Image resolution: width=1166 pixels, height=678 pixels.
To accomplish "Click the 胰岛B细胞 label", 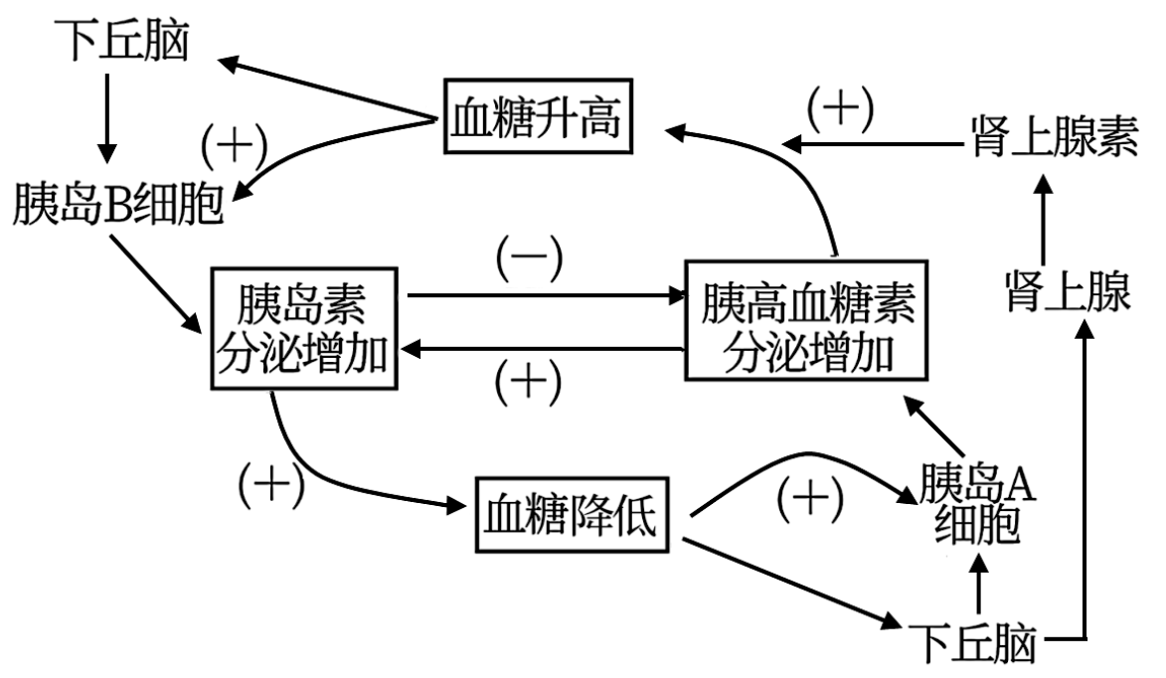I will click(x=117, y=205).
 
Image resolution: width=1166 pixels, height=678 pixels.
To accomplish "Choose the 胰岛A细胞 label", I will click(x=978, y=505).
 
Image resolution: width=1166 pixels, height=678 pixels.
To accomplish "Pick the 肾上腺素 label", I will click(x=1053, y=138).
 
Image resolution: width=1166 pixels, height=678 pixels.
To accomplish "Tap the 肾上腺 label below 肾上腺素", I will click(x=1067, y=293).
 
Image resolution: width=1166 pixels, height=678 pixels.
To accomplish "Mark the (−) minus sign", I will click(x=530, y=260).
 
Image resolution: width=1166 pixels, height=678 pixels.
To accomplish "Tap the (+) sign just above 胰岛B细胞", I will click(x=235, y=148).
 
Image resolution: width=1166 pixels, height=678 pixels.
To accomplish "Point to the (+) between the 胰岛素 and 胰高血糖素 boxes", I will click(x=528, y=380).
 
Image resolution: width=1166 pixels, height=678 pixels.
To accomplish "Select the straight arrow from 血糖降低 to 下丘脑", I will click(x=790, y=585).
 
